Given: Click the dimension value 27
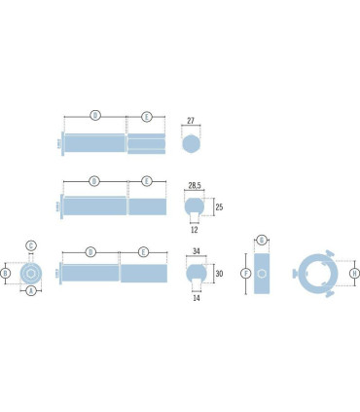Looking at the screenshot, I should point(192,123).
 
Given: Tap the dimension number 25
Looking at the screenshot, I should point(220,207).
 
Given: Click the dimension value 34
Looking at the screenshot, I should point(197,251).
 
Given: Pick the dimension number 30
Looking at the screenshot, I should point(220,274).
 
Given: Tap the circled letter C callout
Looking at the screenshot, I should point(31,244).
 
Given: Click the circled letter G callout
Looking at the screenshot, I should point(263,240).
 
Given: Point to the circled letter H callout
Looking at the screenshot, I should point(353,275).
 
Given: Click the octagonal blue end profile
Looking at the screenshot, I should point(192,143).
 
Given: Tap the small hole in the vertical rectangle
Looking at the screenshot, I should point(263,275).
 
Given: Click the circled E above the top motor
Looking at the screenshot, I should point(147,116).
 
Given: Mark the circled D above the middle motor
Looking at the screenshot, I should point(94,180).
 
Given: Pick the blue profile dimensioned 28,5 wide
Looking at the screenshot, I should point(192,207).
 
